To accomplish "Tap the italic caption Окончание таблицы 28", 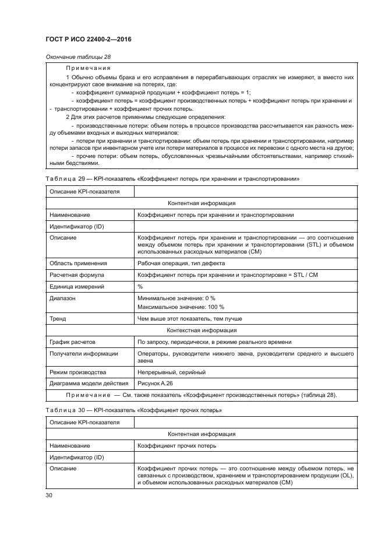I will point(77,57).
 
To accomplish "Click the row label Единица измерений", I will point(77,286).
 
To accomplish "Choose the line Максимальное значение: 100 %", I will point(181,307).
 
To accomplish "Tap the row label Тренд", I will point(58,319).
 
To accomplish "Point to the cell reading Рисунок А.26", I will point(156,383).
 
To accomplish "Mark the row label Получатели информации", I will point(84,353).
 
